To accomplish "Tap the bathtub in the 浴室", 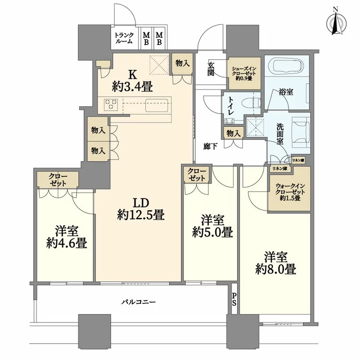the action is click(287, 65).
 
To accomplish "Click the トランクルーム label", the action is click(124, 38).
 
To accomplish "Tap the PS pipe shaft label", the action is click(234, 299).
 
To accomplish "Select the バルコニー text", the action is click(139, 301).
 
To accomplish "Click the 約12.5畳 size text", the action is click(140, 216).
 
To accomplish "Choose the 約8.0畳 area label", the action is click(275, 269).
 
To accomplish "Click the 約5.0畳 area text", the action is click(212, 232).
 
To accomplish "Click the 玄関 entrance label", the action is click(211, 69).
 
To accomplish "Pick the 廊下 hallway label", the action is click(210, 147).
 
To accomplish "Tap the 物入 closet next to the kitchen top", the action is click(183, 63).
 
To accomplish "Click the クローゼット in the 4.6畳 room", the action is click(58, 180).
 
